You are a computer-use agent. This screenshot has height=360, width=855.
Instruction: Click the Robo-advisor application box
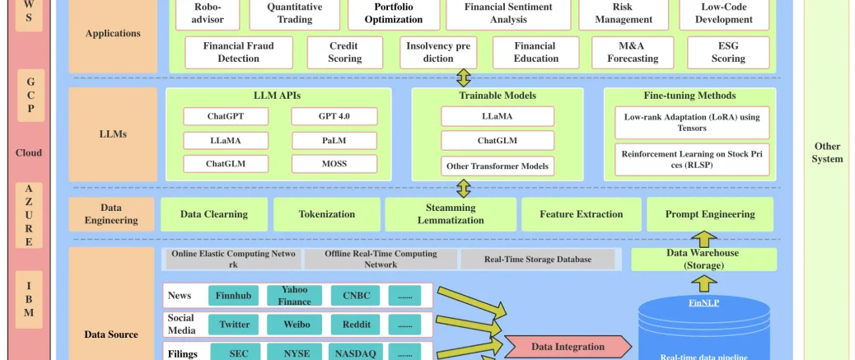[202, 13]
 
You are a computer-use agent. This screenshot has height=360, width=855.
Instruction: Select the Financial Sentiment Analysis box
[508, 13]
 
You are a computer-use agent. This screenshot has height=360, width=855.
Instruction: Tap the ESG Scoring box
[728, 52]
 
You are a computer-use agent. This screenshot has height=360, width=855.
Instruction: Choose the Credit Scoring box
[344, 52]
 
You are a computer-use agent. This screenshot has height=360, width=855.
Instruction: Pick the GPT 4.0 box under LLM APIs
[334, 116]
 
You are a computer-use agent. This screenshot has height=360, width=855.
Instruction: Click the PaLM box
[334, 140]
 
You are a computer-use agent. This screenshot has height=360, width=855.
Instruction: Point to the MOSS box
[334, 164]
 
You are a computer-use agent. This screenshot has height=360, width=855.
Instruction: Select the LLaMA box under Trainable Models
[497, 116]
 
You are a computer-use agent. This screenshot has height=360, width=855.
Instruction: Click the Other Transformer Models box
[497, 166]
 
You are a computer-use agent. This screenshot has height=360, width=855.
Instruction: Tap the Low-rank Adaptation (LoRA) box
[692, 123]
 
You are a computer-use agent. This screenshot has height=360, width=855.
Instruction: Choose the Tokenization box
[327, 214]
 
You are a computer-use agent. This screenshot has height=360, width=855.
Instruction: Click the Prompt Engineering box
[710, 214]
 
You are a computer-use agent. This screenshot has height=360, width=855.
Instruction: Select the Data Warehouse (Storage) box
[703, 259]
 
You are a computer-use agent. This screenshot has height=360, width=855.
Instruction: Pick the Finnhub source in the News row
[236, 296]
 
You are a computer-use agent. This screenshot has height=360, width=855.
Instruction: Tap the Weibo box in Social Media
[297, 325]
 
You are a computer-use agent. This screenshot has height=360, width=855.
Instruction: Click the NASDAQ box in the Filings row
[356, 353]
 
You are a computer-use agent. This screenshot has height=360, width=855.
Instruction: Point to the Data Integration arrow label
[567, 347]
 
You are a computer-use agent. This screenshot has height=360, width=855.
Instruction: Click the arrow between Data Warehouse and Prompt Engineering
[703, 239]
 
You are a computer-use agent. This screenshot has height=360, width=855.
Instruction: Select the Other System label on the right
[827, 152]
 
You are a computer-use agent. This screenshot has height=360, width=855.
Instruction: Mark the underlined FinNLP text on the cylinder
[703, 302]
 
